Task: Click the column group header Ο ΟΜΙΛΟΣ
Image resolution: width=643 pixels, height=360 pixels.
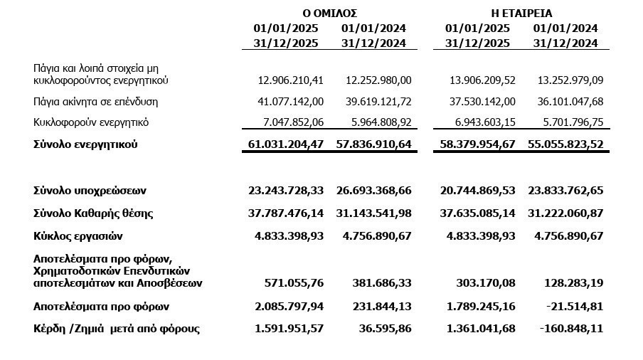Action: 329,13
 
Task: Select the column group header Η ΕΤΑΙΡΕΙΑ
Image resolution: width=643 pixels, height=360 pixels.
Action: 521,13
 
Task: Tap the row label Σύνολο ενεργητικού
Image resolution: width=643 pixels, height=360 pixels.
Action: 85,144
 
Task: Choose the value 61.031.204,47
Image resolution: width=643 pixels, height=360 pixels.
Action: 286,144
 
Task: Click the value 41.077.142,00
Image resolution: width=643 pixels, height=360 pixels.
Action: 287,102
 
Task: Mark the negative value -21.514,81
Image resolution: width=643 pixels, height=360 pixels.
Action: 573,307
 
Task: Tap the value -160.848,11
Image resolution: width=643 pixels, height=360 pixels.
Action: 570,329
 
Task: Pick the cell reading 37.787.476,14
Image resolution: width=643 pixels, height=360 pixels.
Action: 286,213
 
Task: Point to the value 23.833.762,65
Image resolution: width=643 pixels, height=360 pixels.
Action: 565,191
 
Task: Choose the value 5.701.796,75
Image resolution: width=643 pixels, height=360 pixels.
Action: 566,122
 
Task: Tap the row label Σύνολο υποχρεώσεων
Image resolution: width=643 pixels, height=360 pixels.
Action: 90,191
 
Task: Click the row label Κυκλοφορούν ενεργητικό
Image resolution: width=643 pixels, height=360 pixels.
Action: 91,122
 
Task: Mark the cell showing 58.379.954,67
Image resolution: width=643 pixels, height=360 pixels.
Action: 477,144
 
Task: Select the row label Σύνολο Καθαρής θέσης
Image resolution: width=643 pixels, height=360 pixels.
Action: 93,213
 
